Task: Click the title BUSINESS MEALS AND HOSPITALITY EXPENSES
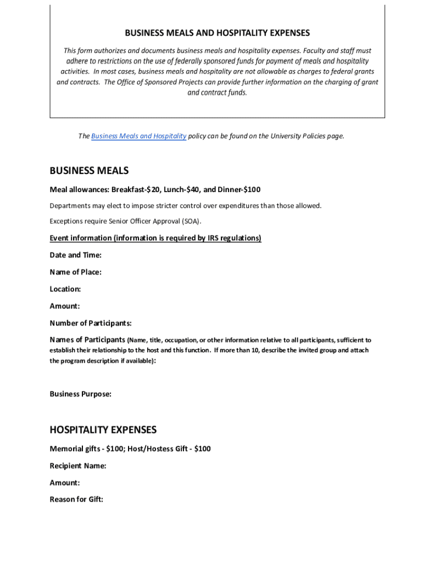218,33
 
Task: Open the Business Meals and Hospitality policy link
138,136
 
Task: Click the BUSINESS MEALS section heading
89,171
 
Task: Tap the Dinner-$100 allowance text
240,190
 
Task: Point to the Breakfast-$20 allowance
135,190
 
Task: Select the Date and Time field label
75,255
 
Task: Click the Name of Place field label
75,272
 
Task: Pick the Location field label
65,289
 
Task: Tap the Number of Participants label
91,323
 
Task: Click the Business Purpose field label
81,394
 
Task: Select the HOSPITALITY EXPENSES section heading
103,430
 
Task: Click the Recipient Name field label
78,466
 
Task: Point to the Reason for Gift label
76,500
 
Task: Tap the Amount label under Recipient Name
65,483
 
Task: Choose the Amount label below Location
65,306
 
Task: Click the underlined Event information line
155,238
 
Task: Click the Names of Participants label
87,340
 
